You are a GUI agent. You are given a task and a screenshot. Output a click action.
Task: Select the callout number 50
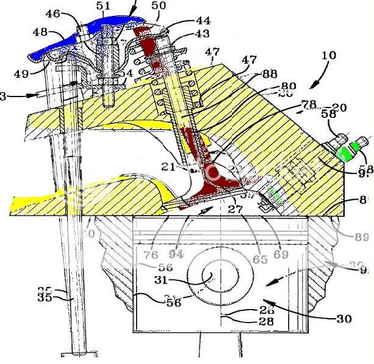(x=159, y=6)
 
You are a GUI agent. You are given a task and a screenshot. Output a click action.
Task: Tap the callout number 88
(x=270, y=74)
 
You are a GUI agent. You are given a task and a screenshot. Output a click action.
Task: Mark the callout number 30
(x=343, y=318)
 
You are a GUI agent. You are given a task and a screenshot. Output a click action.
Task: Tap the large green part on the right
(x=347, y=150)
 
